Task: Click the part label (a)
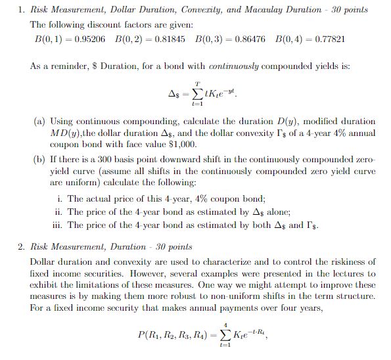[x=39, y=122]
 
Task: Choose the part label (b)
[x=39, y=160]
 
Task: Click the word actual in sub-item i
[x=97, y=198]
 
